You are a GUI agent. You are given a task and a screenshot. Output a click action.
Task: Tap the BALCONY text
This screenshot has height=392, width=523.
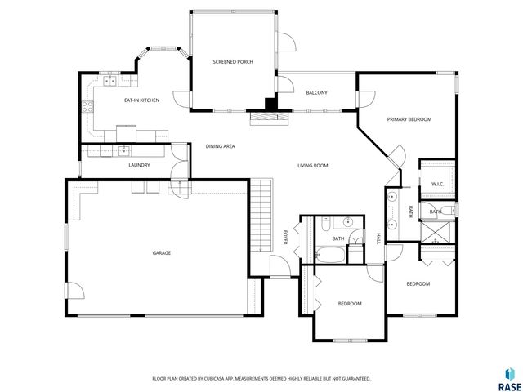[x=317, y=93]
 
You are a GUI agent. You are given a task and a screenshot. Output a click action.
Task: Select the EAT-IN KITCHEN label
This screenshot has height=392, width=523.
[x=141, y=100]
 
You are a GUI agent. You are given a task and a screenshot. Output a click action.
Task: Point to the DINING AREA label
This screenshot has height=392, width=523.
[x=221, y=146]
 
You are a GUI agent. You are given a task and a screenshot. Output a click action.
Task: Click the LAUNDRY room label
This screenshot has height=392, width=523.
[x=139, y=166]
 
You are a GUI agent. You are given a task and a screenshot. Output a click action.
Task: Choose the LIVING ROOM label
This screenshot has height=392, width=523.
[x=312, y=166]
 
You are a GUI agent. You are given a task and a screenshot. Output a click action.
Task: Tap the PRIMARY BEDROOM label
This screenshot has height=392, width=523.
[x=409, y=119]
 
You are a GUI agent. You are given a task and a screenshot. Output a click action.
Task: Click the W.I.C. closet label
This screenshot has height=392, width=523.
[x=438, y=185]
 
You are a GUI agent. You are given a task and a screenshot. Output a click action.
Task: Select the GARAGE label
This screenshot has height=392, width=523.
[x=161, y=253]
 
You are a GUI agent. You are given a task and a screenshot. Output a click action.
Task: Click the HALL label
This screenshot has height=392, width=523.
[x=378, y=238]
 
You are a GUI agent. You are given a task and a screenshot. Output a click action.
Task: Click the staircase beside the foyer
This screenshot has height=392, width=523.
[x=261, y=217]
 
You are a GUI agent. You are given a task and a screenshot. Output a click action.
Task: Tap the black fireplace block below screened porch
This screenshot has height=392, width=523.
[x=269, y=104]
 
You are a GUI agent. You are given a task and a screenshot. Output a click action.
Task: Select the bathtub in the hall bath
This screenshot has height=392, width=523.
[x=330, y=253]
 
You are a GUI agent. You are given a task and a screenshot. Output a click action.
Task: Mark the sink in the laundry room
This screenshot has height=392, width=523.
[x=123, y=150]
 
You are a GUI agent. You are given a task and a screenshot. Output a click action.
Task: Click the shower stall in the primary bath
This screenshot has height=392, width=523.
[x=438, y=231]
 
